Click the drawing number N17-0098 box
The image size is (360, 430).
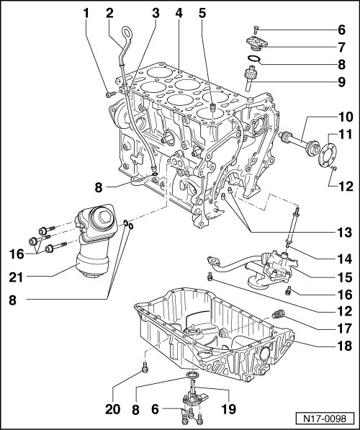[x=325, y=418]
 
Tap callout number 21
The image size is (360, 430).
[x=16, y=277]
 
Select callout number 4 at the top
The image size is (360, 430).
[x=179, y=13]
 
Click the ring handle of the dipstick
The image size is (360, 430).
[x=127, y=32]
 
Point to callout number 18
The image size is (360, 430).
[x=344, y=346]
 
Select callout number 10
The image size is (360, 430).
[x=344, y=117]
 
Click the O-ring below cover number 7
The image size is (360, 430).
[x=253, y=58]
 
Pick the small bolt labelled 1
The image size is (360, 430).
[x=110, y=94]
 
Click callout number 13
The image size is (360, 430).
[x=344, y=232]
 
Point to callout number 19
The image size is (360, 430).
[x=229, y=409]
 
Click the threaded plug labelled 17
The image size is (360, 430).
[x=279, y=315]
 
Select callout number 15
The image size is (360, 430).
[x=344, y=277]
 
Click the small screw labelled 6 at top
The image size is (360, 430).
[x=256, y=29]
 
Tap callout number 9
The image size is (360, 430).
[x=341, y=81]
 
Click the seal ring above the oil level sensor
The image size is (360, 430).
[x=193, y=375]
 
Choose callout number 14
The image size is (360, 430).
[x=344, y=259]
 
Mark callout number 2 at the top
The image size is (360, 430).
[x=109, y=13]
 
